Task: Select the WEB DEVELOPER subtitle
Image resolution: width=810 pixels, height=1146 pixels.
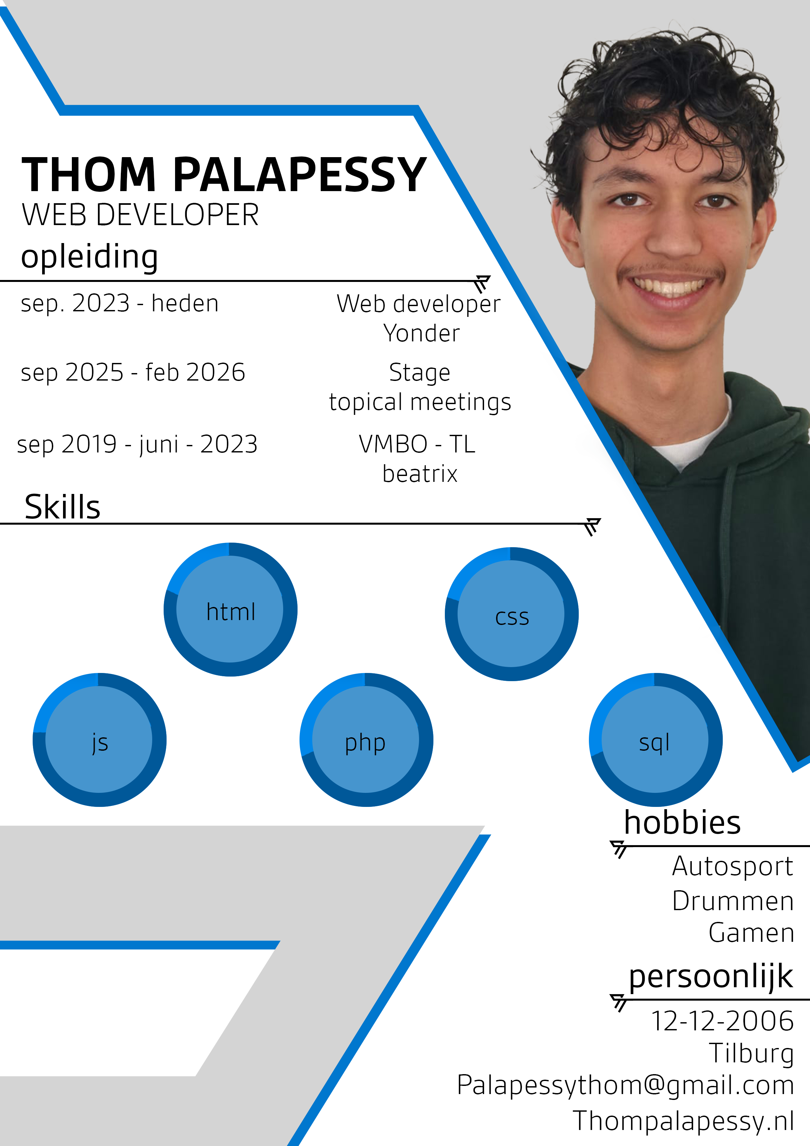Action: [140, 215]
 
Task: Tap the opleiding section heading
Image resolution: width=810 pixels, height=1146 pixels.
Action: [89, 256]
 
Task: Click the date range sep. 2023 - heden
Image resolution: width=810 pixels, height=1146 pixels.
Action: [120, 303]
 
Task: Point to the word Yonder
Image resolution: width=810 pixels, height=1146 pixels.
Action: [421, 334]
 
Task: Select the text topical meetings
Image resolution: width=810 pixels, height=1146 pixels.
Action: [420, 402]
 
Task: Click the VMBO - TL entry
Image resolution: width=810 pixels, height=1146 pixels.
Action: [417, 444]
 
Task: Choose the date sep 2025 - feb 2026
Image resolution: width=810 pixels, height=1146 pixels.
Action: [133, 372]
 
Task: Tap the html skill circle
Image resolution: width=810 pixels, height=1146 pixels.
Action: [231, 610]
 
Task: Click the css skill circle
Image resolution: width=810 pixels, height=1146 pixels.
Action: [511, 614]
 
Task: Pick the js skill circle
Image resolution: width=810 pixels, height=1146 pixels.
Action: [99, 740]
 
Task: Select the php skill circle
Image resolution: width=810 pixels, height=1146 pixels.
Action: [366, 740]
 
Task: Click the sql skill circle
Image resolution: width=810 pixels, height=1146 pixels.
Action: [655, 740]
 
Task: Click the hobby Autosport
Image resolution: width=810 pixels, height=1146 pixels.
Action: [733, 866]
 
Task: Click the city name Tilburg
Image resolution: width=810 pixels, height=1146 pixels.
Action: [751, 1054]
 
